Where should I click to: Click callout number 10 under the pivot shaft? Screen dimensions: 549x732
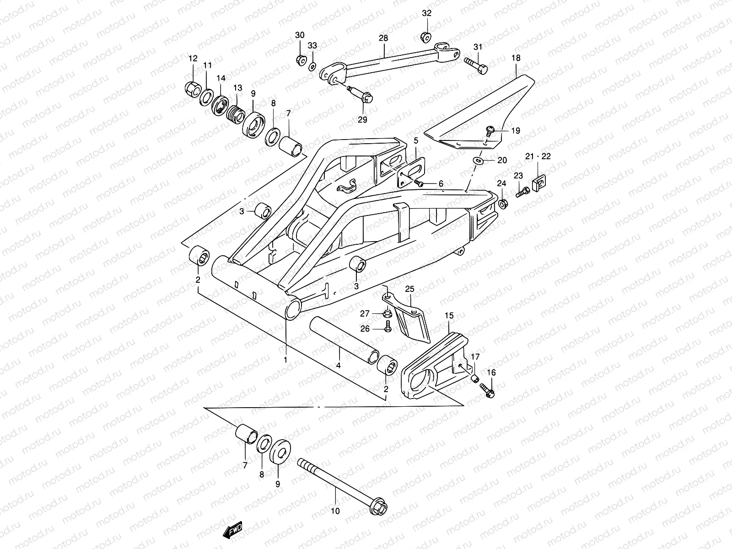point(335,511)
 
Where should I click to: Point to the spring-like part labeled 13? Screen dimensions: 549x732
point(235,112)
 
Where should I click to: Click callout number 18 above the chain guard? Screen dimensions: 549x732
point(516,58)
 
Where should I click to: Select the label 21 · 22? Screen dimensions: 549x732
point(538,156)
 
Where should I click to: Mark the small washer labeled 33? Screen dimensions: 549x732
point(312,67)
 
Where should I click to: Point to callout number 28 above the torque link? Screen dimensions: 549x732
point(383,38)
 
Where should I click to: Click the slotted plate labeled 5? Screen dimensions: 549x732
point(412,171)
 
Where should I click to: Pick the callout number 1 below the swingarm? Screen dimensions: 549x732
point(285,360)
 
